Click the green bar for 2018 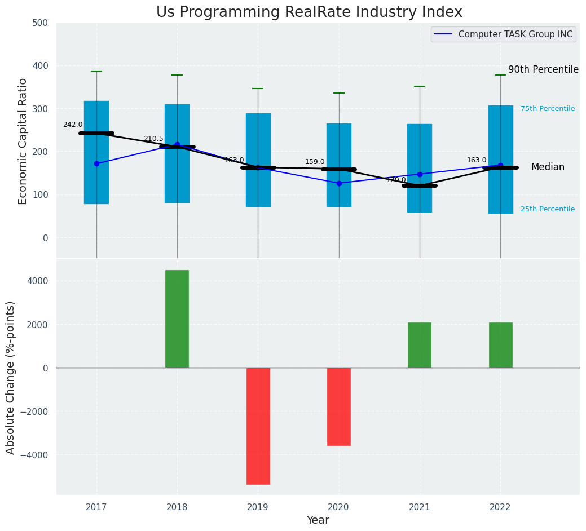[x=177, y=318]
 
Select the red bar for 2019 [x=258, y=426]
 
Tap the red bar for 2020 [x=339, y=406]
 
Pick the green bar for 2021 [x=420, y=345]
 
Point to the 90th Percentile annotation [x=543, y=70]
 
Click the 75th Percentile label [x=548, y=109]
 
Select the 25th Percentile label [x=548, y=209]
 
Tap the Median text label [x=548, y=167]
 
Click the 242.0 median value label [x=73, y=125]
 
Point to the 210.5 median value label [x=153, y=139]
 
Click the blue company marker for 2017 [x=96, y=163]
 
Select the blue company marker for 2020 [x=339, y=183]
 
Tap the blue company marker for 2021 [x=420, y=174]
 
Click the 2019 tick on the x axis [x=258, y=507]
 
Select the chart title [x=309, y=12]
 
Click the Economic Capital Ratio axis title [x=23, y=141]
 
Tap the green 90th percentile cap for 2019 [x=258, y=88]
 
